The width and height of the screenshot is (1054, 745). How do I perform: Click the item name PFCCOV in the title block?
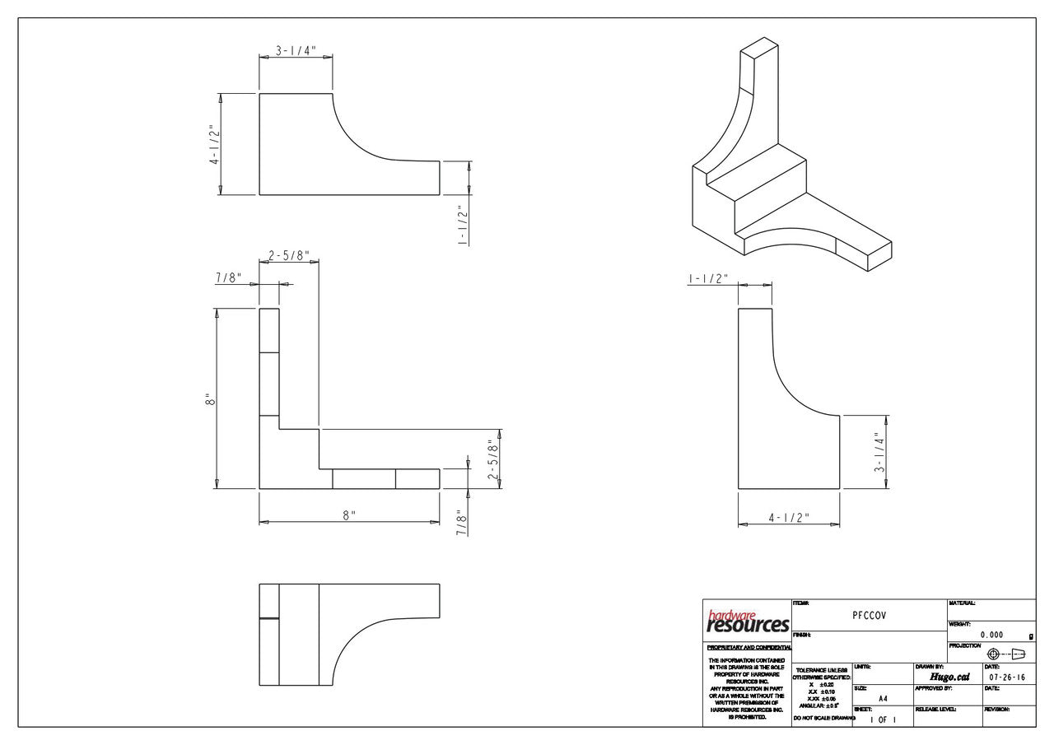coord(870,614)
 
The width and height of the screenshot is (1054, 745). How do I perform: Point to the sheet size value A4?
coord(883,698)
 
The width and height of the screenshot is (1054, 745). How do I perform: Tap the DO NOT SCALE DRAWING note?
coord(823,719)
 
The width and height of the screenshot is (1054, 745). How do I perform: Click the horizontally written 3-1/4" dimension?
coord(296,50)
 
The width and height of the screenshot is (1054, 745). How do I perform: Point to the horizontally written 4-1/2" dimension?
coord(789,518)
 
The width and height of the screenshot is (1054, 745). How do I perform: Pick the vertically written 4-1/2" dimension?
coord(213,145)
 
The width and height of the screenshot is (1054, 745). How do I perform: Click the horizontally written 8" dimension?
coord(349,515)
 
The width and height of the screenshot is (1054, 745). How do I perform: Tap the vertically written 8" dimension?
coord(211,399)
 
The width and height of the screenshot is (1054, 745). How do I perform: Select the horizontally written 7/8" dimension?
coord(227,277)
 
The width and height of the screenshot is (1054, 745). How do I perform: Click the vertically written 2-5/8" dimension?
coord(492,454)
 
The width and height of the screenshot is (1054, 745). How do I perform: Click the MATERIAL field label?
coord(962,603)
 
